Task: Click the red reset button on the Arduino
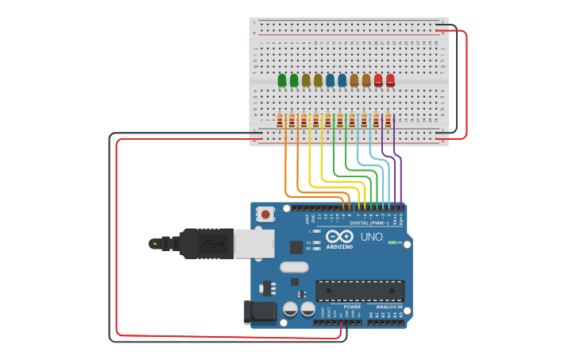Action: (265, 214)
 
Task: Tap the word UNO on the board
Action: (371, 237)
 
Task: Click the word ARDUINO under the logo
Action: (339, 246)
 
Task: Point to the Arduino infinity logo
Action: (339, 236)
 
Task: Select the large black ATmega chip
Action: (360, 290)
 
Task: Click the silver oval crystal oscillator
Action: (293, 267)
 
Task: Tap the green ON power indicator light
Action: (390, 242)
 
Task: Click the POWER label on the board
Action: (352, 306)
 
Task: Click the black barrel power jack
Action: (260, 312)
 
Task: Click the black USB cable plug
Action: (207, 243)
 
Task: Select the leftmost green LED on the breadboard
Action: (282, 80)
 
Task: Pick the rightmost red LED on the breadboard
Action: (390, 79)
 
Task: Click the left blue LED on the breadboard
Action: (330, 80)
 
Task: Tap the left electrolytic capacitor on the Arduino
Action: (290, 308)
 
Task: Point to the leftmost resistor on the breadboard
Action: (280, 121)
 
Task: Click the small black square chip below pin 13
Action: (296, 247)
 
